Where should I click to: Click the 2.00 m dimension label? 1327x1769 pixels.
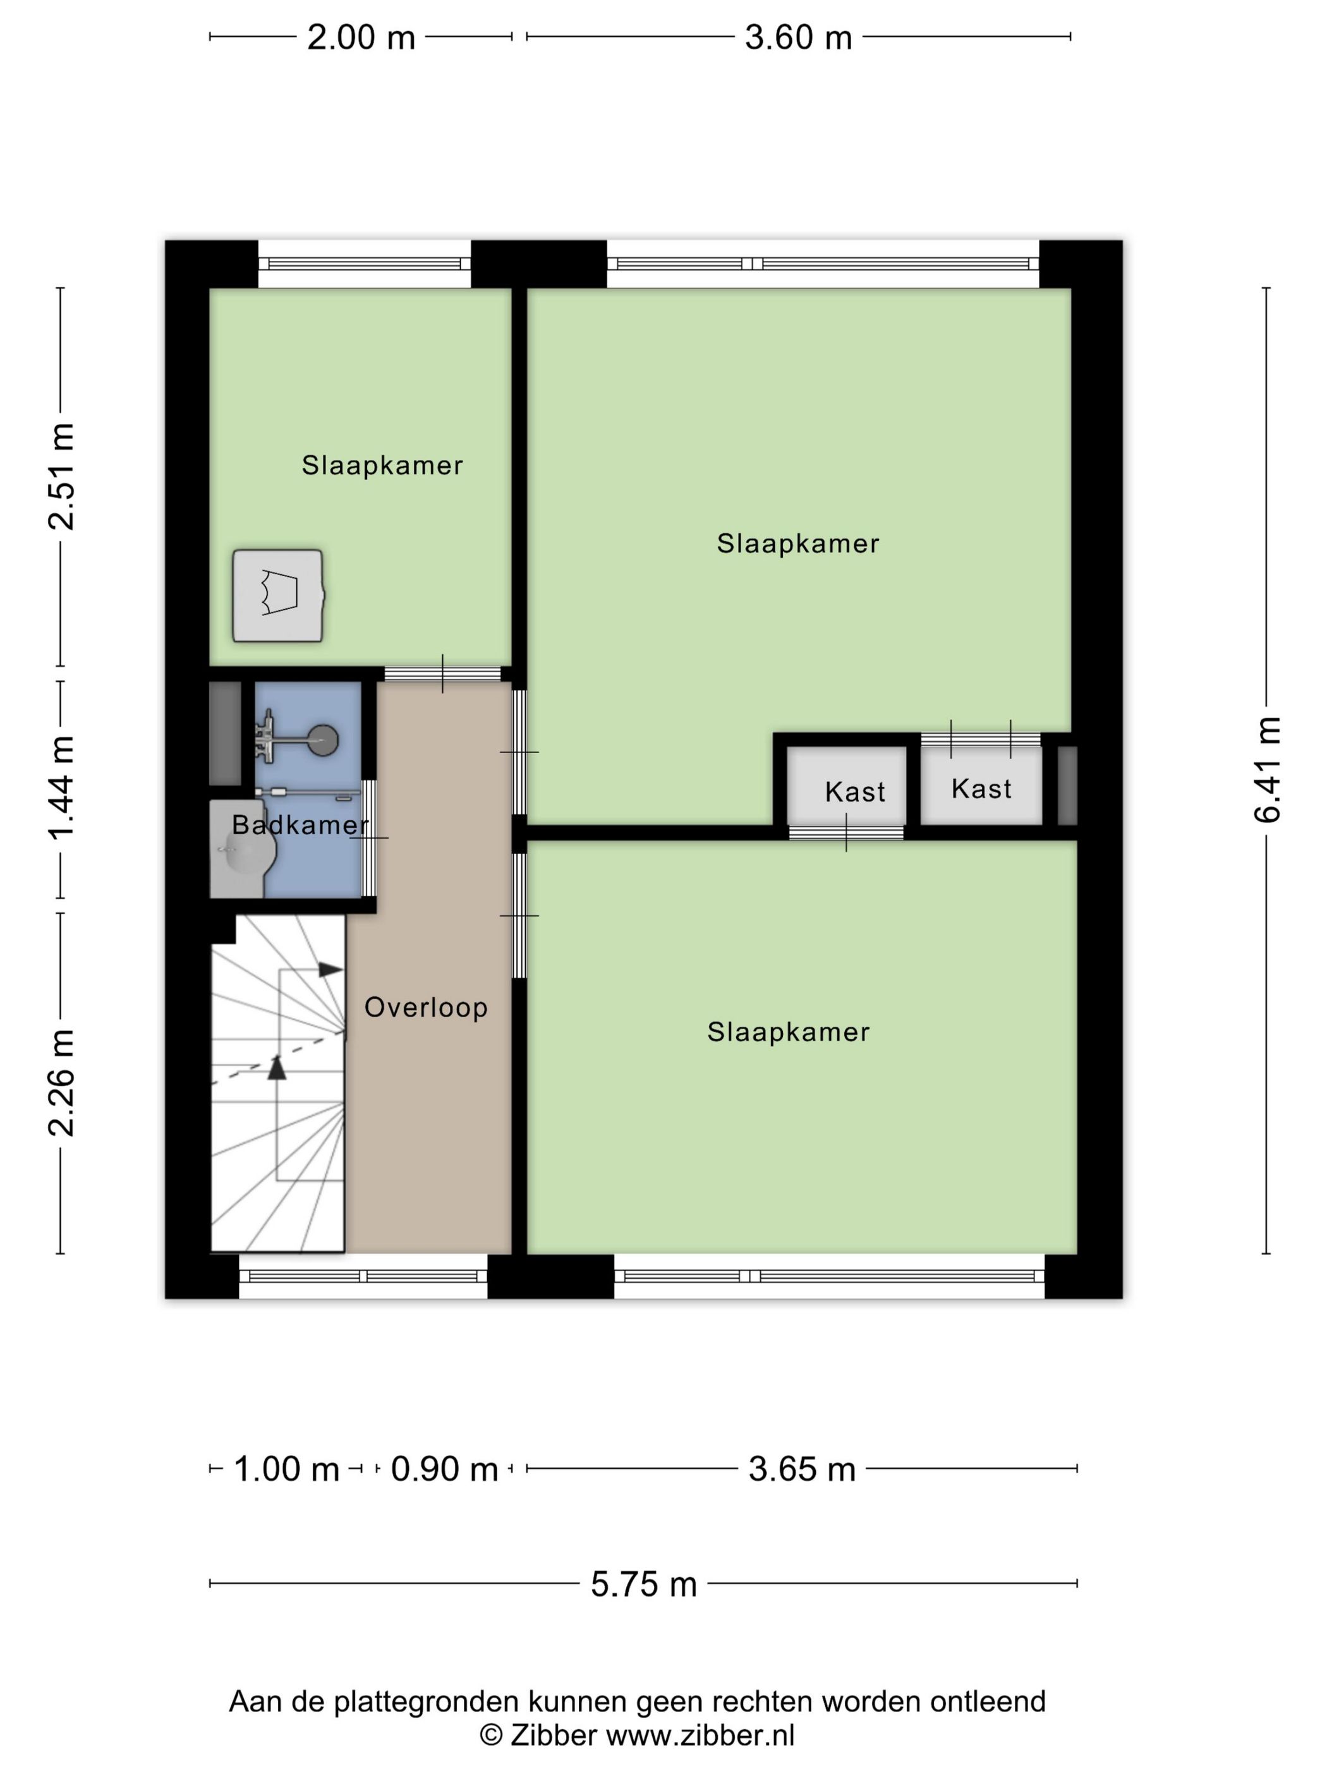361,37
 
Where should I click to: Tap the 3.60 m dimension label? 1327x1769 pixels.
798,37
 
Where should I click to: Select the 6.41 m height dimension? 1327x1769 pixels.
1267,770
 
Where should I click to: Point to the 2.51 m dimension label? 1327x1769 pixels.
61,476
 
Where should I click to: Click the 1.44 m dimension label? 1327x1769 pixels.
61,788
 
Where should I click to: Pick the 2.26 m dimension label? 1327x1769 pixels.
61,1083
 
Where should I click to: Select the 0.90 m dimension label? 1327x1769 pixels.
444,1469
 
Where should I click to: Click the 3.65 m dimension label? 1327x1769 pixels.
803,1469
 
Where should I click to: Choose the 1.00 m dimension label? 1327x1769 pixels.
286,1469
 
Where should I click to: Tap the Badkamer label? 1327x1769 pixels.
301,824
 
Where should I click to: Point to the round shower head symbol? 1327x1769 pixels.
324,740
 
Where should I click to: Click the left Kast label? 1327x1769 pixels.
855,792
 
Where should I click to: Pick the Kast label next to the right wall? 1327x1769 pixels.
981,788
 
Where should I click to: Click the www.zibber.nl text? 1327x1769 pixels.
700,1735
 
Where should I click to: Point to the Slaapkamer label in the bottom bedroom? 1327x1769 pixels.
789,1032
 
